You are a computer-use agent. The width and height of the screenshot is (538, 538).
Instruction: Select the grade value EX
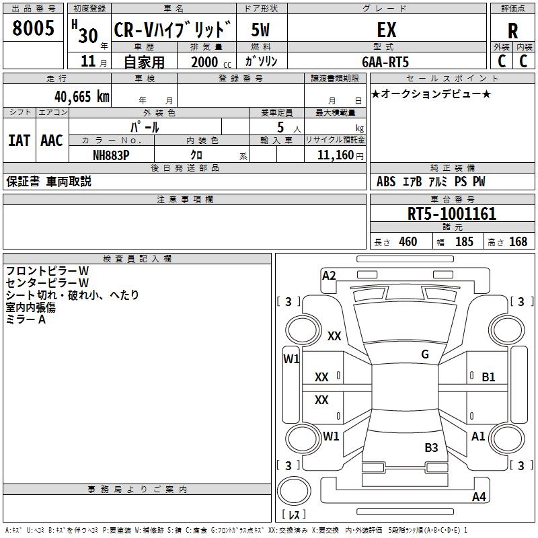point(386,30)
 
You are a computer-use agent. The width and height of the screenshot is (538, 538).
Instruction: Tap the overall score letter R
point(512,31)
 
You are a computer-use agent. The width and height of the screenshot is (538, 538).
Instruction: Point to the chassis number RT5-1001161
point(452,215)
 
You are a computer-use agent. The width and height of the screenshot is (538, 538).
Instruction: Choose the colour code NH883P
point(111,155)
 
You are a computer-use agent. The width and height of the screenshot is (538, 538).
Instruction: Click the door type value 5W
point(261,30)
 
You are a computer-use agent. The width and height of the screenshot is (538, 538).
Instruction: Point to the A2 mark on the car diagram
point(329,275)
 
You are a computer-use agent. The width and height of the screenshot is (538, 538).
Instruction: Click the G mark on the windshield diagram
point(425,354)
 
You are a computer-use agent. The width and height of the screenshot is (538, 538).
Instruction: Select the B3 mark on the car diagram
point(431,447)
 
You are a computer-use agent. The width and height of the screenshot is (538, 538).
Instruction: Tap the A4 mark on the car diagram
point(479,497)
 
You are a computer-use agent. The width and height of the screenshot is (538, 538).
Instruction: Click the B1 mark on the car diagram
point(488,377)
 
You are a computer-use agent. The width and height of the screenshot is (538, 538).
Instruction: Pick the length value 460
point(408,242)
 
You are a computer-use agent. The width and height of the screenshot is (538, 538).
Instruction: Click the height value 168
point(518,242)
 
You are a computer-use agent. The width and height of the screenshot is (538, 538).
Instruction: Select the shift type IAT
point(19,141)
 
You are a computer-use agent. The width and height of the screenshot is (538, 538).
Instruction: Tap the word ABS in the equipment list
point(386,182)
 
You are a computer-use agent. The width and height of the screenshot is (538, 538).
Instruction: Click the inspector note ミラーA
point(26,319)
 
